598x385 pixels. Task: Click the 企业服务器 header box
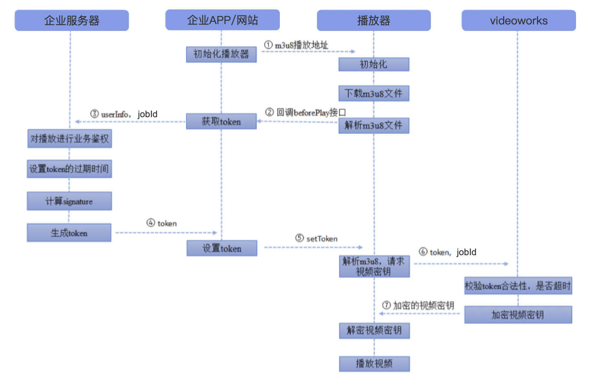pyautogui.click(x=72, y=20)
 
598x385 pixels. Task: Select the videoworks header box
pyautogui.click(x=519, y=20)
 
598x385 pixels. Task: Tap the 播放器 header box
pyautogui.click(x=374, y=20)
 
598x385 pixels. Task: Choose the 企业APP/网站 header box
pyautogui.click(x=223, y=20)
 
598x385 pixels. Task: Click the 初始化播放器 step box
pyautogui.click(x=221, y=55)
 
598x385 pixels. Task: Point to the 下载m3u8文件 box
pyautogui.click(x=374, y=94)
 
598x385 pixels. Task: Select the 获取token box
pyautogui.click(x=221, y=121)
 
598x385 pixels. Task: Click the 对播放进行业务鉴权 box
pyautogui.click(x=70, y=138)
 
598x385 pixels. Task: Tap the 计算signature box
pyautogui.click(x=69, y=201)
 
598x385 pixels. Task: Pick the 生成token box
pyautogui.click(x=69, y=233)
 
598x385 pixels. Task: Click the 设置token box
pyautogui.click(x=222, y=248)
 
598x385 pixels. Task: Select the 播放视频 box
pyautogui.click(x=374, y=364)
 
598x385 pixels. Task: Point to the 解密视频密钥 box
pyautogui.click(x=374, y=330)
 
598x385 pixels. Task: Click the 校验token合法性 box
pyautogui.click(x=518, y=286)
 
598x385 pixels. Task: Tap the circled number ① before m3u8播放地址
pyautogui.click(x=268, y=45)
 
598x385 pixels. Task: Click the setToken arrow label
pyautogui.click(x=322, y=238)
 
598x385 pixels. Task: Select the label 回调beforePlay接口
pyautogui.click(x=311, y=112)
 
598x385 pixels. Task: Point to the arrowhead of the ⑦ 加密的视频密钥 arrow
pyautogui.click(x=381, y=313)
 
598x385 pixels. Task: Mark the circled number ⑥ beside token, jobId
pyautogui.click(x=423, y=252)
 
